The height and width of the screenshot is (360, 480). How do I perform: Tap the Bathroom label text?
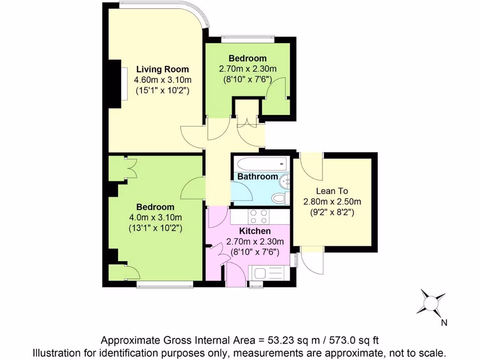tap(257, 177)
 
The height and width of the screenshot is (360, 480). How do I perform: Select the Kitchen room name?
tap(255, 231)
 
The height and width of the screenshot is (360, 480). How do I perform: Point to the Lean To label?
tap(332, 191)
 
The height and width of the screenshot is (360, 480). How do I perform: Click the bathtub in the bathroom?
tap(262, 164)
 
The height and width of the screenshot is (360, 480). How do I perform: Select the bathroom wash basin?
tap(285, 180)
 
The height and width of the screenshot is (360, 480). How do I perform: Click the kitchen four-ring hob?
tap(259, 217)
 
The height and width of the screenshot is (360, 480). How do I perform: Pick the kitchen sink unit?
tap(270, 272)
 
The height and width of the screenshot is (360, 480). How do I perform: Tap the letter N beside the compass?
tap(444, 322)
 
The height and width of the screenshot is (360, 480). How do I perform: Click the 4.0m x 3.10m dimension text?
tap(155, 217)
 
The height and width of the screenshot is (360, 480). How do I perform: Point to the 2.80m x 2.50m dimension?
tap(332, 202)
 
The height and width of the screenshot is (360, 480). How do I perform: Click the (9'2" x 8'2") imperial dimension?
tap(332, 212)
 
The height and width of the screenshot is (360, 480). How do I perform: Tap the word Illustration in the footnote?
tap(54, 352)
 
